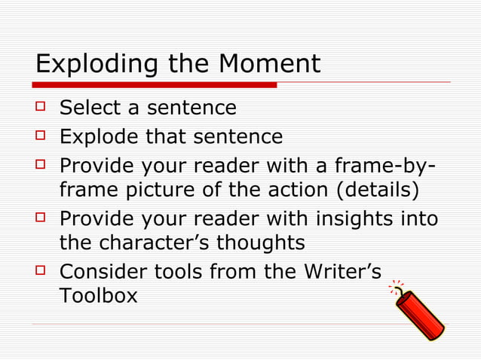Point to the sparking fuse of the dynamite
(395, 289)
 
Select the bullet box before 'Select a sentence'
(41, 108)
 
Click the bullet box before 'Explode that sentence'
(41, 137)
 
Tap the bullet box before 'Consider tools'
(41, 270)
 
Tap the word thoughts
(261, 243)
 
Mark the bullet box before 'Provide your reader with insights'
(41, 218)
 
